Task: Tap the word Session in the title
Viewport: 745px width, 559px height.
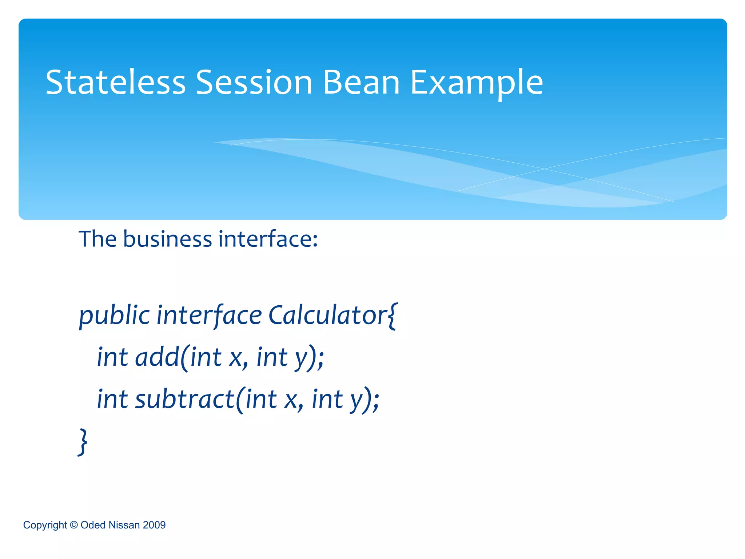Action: point(254,83)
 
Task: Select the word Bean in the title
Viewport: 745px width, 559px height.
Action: point(361,83)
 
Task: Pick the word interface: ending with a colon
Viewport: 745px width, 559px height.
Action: point(268,239)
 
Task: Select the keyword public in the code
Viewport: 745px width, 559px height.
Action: point(114,315)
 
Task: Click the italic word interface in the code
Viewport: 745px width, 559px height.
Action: point(209,315)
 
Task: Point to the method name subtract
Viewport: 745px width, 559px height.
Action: point(185,399)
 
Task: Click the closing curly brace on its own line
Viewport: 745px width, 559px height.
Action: point(83,441)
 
